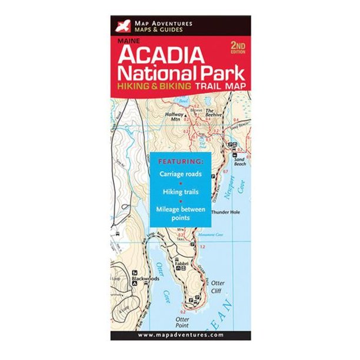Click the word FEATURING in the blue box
click(181, 161)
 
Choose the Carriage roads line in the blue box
click(181, 174)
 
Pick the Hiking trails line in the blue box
click(181, 192)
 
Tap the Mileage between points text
click(181, 214)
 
